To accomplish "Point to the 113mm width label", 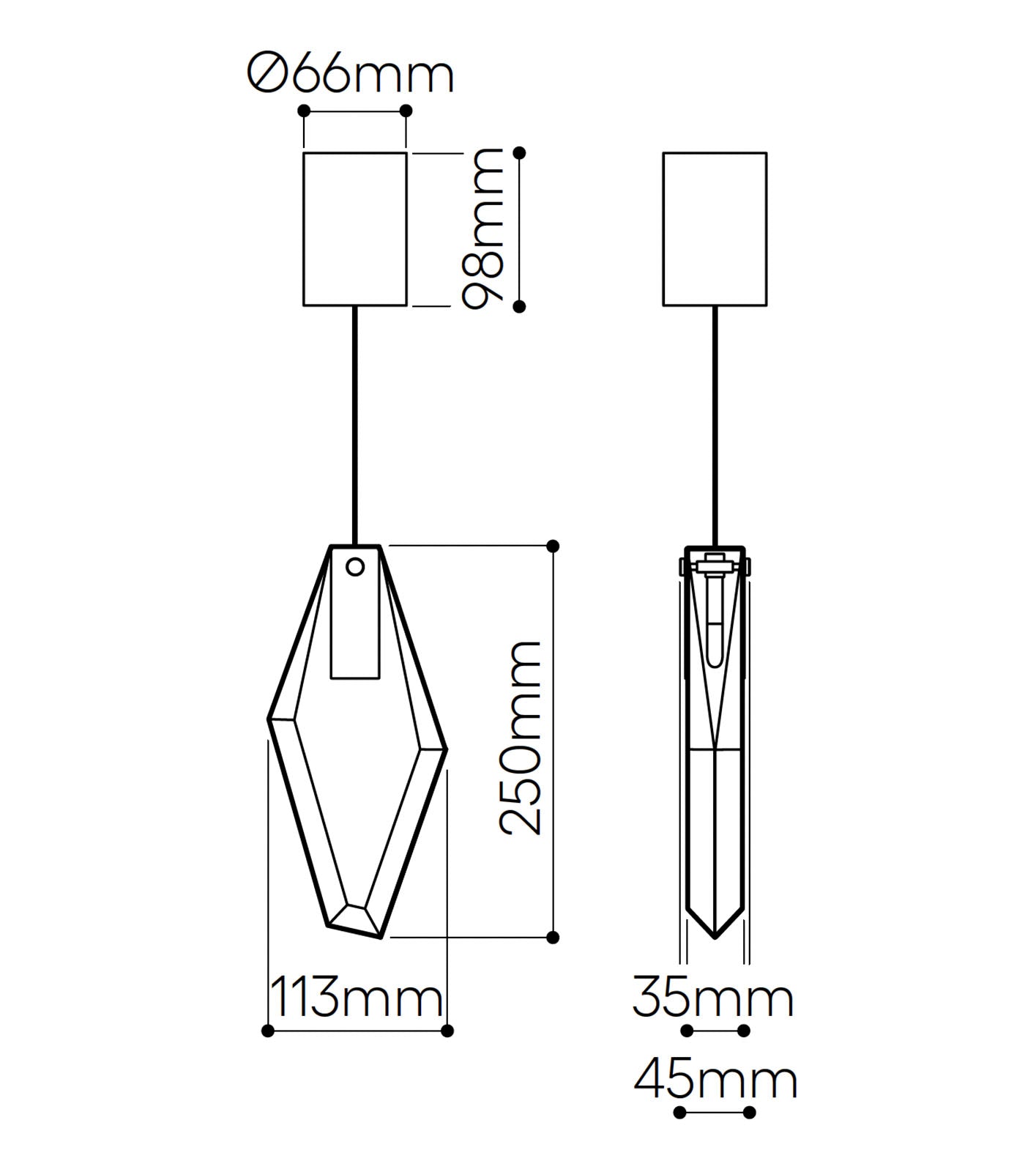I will (357, 997).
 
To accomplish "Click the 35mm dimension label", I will (713, 997).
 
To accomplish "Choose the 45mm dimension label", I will (715, 1080).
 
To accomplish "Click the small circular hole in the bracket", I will (355, 566).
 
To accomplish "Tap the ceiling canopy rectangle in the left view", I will (355, 229).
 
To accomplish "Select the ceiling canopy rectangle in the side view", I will (715, 229).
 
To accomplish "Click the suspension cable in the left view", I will (356, 425).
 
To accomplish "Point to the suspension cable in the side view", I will (715, 425).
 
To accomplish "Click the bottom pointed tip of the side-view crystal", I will (715, 936).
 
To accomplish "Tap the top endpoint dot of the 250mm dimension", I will (553, 546).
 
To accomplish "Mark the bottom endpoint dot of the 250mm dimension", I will (553, 937).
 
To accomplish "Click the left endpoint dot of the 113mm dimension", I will (268, 1031).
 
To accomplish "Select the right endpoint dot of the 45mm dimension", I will (749, 1113).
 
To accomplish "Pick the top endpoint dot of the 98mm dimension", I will (520, 152).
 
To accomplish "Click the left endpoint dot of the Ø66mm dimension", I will (305, 111).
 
